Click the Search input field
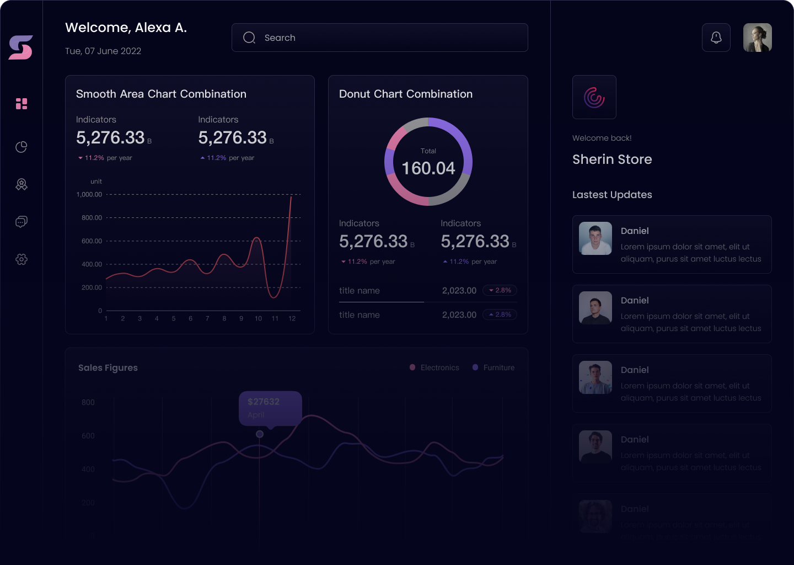[x=379, y=38]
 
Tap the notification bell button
[x=716, y=38]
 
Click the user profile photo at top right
[x=757, y=38]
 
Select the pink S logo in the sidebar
[x=21, y=47]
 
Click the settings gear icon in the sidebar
[x=22, y=259]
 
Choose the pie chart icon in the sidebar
[x=22, y=147]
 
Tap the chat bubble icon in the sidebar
[x=22, y=222]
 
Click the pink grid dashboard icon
[x=22, y=104]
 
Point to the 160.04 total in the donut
[x=428, y=168]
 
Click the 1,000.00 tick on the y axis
[x=89, y=195]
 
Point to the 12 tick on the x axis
[x=292, y=318]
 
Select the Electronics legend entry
[x=434, y=367]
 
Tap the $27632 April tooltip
[x=270, y=408]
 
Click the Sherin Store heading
[x=612, y=159]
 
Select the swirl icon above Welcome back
[x=594, y=97]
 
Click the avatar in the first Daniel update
[x=595, y=238]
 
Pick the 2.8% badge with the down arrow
[x=500, y=290]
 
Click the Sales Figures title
[x=108, y=368]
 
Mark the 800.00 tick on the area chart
[x=92, y=218]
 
